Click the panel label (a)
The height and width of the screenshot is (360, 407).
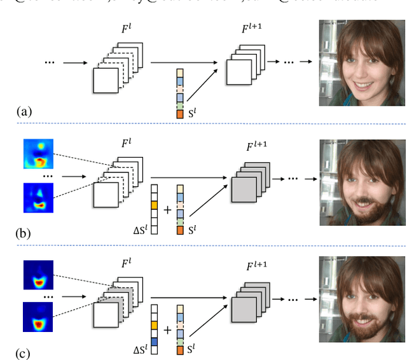[24, 112]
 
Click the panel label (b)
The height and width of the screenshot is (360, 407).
[24, 233]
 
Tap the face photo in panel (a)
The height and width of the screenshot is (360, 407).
[362, 62]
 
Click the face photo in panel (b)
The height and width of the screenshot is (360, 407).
[362, 182]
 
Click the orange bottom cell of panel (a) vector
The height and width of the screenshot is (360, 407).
[180, 114]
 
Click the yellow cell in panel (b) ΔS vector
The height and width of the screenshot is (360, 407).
[153, 205]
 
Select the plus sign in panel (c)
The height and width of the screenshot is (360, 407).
[167, 329]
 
